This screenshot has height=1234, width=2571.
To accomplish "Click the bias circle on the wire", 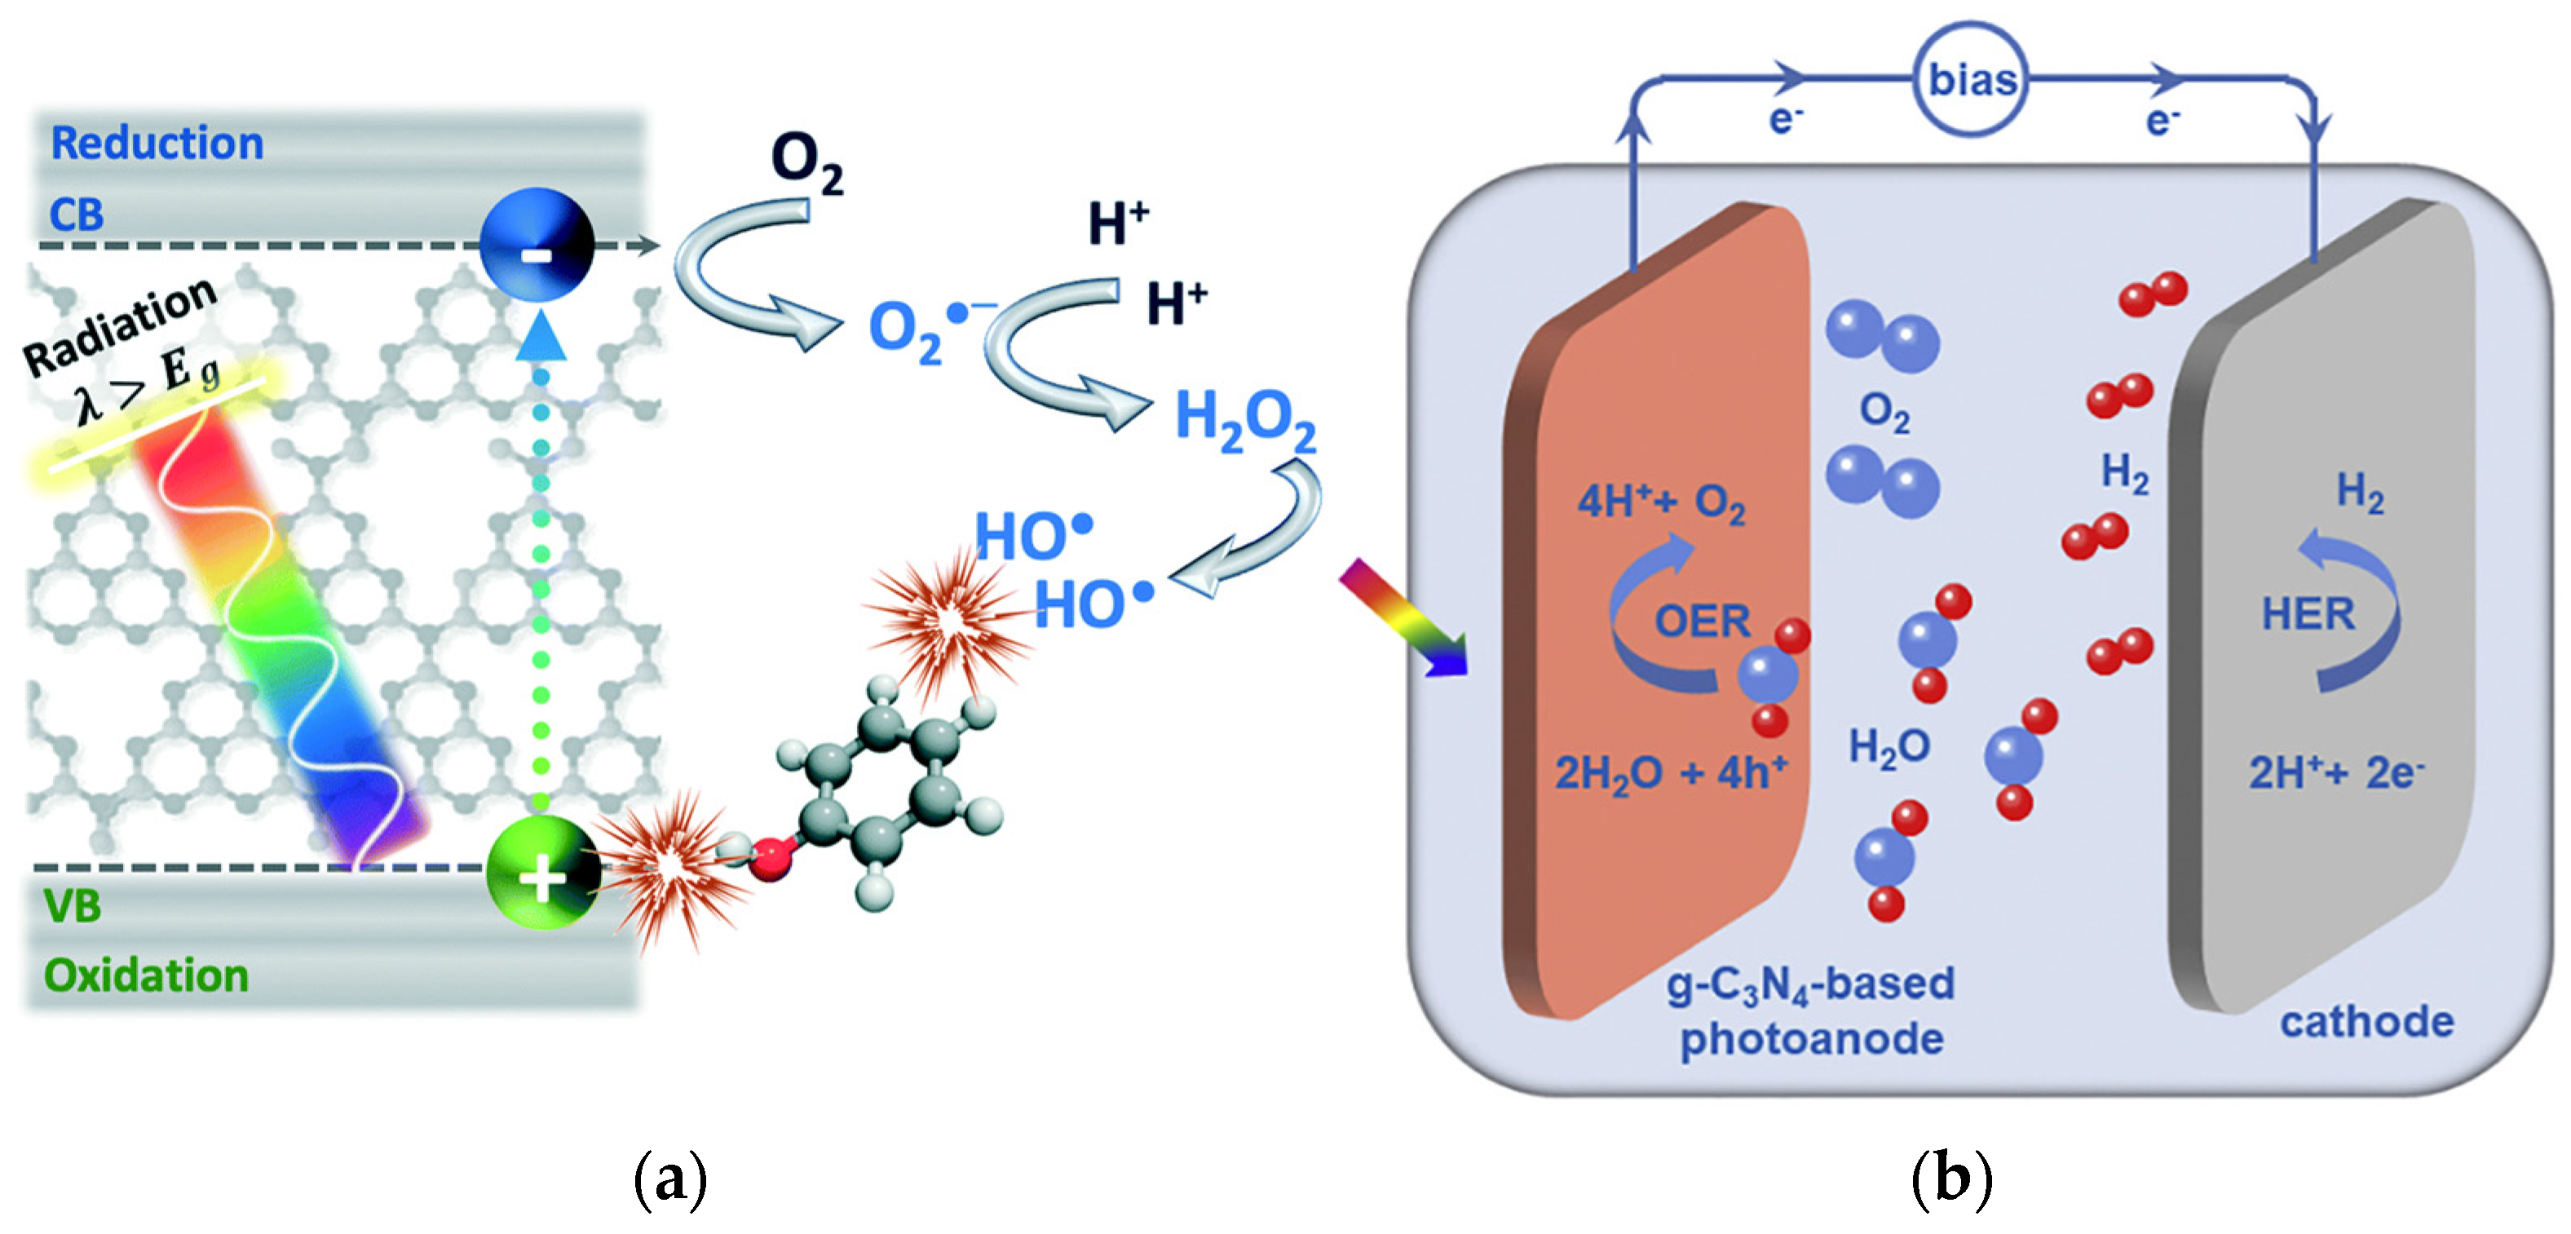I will [x=1971, y=79].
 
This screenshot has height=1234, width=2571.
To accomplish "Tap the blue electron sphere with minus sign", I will [x=537, y=245].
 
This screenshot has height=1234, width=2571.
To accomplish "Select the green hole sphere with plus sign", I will [x=542, y=872].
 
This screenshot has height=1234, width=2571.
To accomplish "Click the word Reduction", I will [x=157, y=143].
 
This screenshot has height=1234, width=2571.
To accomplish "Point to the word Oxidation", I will [x=146, y=975].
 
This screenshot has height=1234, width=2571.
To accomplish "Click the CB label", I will [x=76, y=215].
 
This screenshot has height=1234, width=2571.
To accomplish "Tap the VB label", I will [x=72, y=905].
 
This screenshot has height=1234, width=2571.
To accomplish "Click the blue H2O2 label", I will [x=1244, y=418].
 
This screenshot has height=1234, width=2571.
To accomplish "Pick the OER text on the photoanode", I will [x=1702, y=621].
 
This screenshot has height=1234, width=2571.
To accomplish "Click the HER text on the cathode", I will [x=2308, y=613].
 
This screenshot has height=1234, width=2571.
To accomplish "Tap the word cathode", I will [x=2366, y=1021].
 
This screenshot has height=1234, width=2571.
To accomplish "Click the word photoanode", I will [x=1812, y=1038].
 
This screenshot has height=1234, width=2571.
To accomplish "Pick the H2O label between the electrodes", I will [x=1888, y=747].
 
